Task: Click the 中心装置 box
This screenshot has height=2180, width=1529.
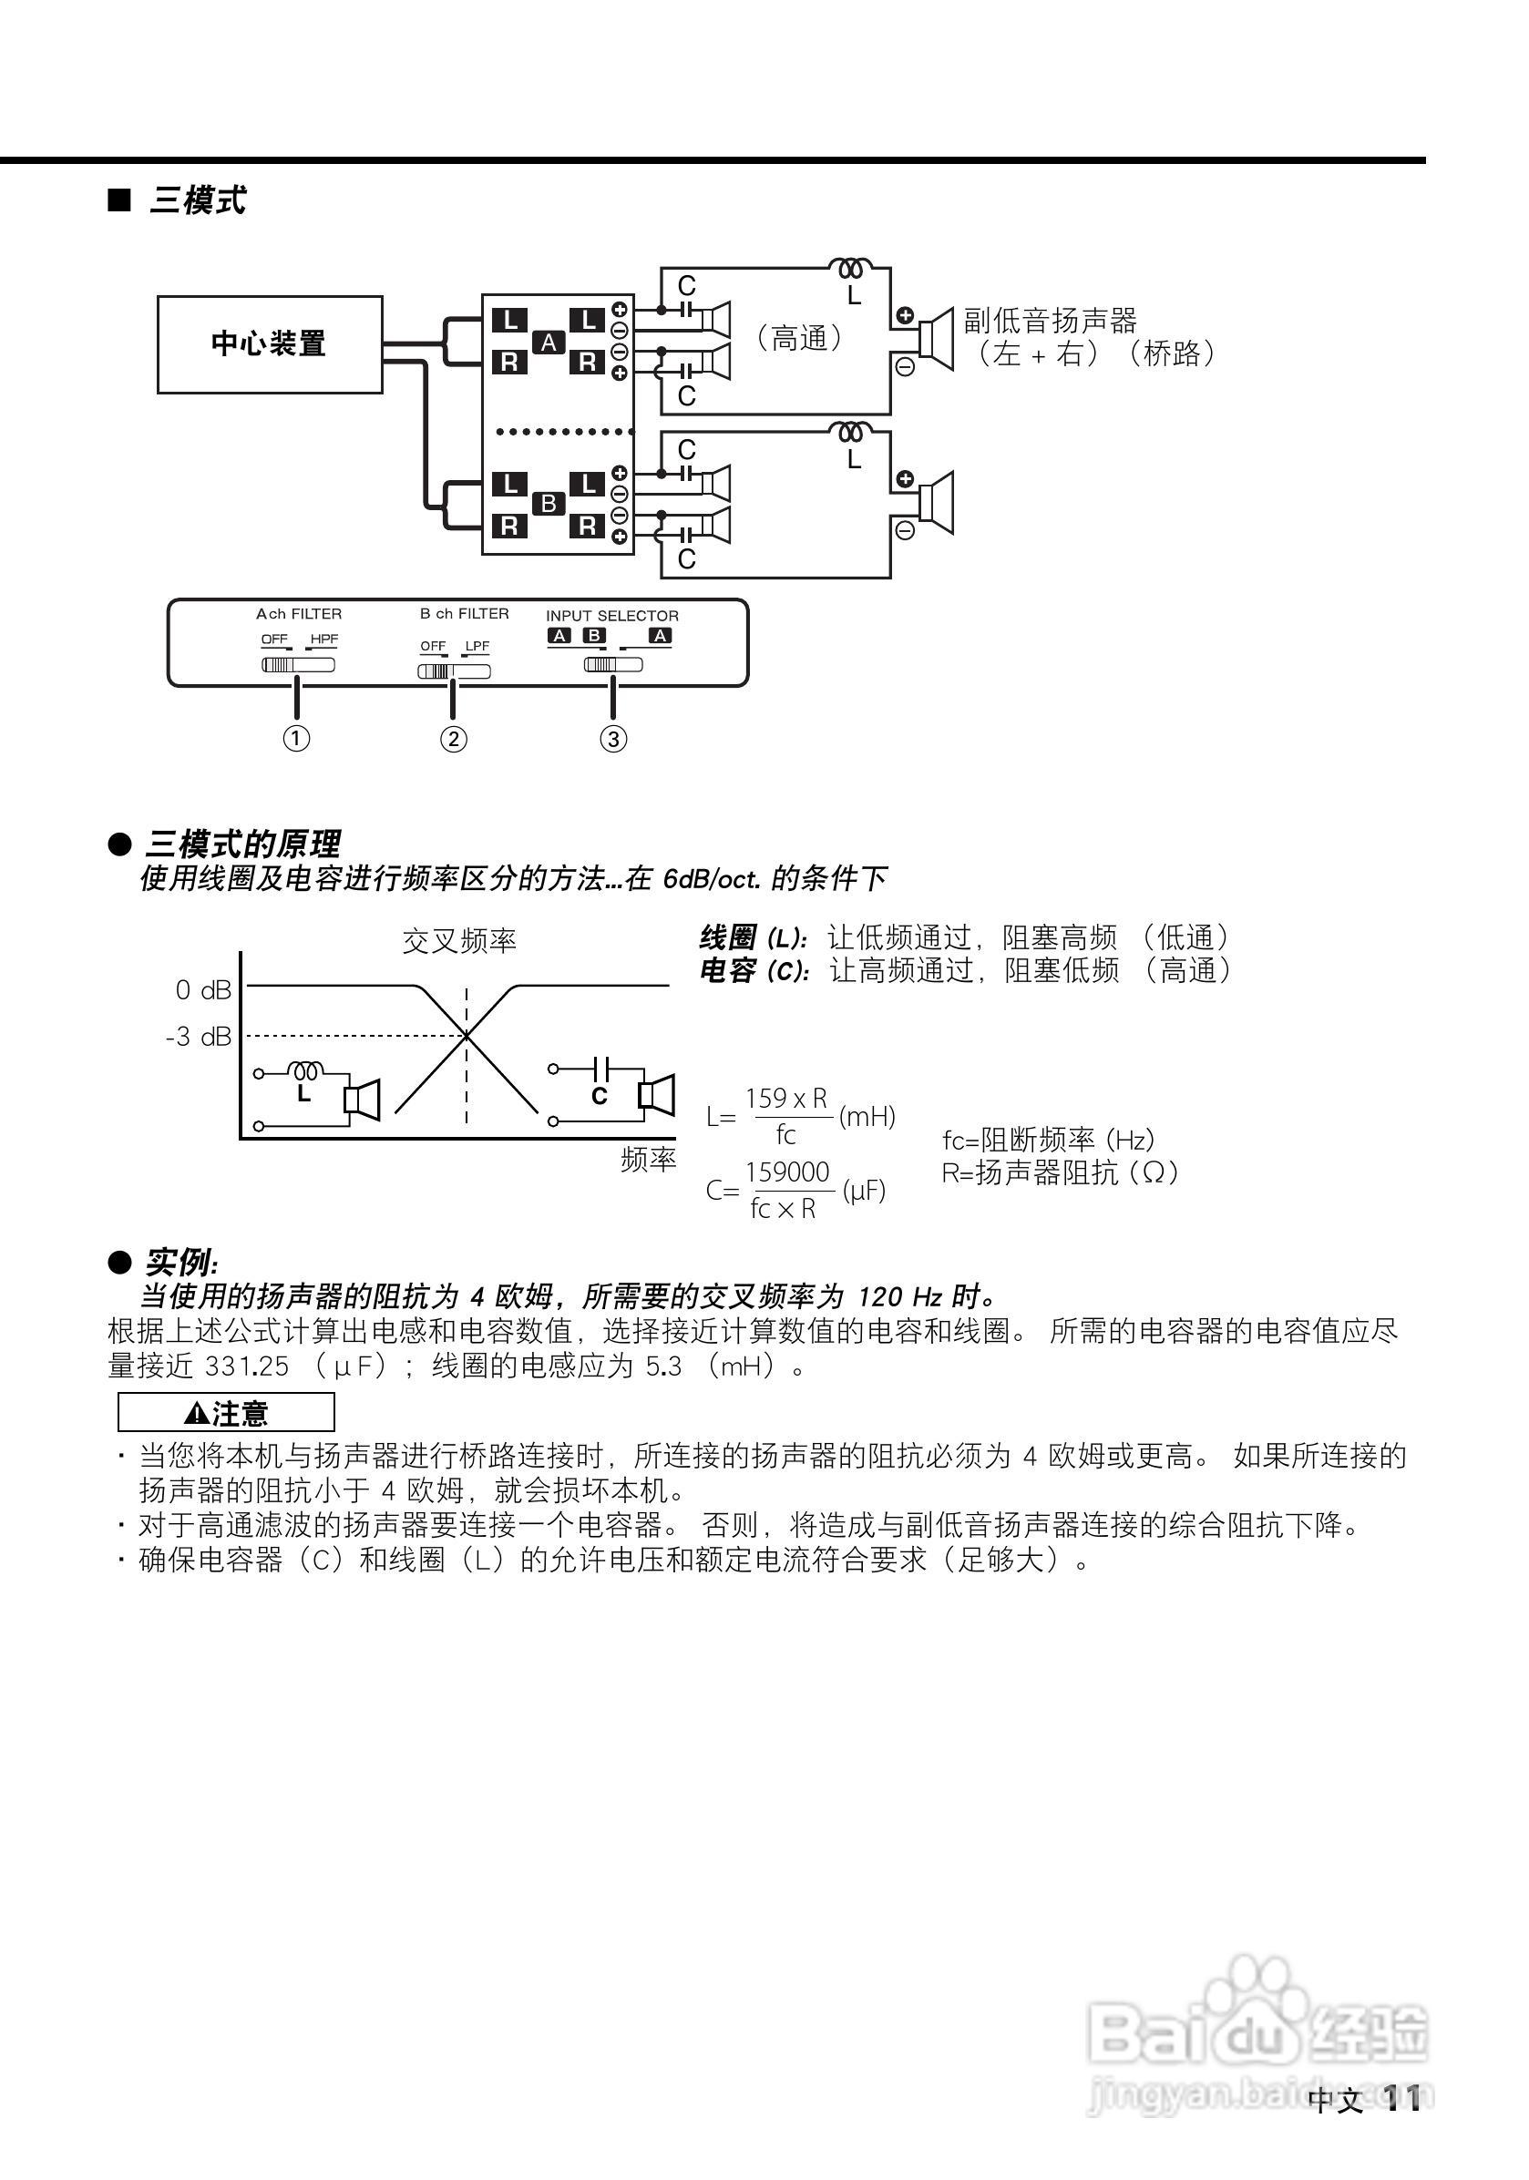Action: click(270, 343)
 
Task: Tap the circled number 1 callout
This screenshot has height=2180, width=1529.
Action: click(296, 738)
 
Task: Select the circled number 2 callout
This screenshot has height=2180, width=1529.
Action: click(453, 739)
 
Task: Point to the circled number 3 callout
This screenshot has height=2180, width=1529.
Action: click(613, 739)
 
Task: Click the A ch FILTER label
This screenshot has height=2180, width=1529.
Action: click(298, 614)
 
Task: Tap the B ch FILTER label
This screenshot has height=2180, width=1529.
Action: click(465, 614)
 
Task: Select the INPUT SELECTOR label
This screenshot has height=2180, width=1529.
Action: click(611, 616)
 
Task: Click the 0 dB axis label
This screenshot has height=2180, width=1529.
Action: click(203, 990)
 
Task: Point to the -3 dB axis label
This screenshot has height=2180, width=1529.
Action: click(199, 1037)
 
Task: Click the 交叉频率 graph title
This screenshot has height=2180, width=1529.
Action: click(459, 941)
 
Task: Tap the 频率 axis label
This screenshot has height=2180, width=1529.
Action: click(648, 1160)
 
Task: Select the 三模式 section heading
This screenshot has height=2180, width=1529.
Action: click(198, 201)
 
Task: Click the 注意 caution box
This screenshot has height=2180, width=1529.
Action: click(226, 1413)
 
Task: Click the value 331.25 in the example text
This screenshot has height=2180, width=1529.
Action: click(247, 1366)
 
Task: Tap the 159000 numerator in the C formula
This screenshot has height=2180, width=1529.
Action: click(787, 1172)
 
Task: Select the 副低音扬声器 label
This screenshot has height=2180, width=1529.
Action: click(1051, 321)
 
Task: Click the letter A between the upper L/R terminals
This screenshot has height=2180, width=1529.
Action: click(549, 343)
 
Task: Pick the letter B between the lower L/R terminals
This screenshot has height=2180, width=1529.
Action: click(549, 503)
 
